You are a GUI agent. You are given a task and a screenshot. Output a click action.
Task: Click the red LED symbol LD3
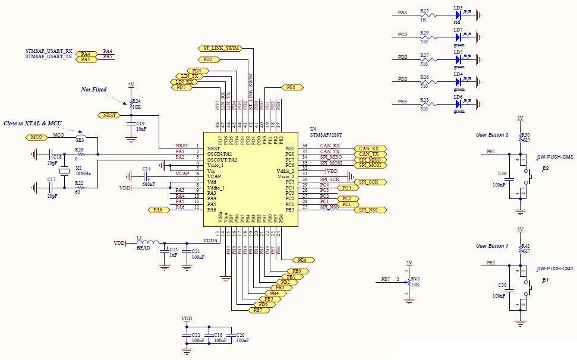point(458,13)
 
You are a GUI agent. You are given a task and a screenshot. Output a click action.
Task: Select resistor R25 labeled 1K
point(424,13)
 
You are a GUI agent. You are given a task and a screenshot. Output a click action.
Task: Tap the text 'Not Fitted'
point(94,90)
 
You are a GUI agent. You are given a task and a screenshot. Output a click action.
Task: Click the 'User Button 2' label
point(493,135)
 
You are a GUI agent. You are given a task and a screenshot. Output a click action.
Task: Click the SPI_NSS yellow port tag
point(370,210)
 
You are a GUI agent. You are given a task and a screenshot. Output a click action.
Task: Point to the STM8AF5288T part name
point(326,135)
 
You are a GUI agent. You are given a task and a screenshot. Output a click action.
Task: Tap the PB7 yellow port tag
point(257,310)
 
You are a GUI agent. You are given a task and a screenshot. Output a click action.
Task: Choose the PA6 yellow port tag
point(157,210)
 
